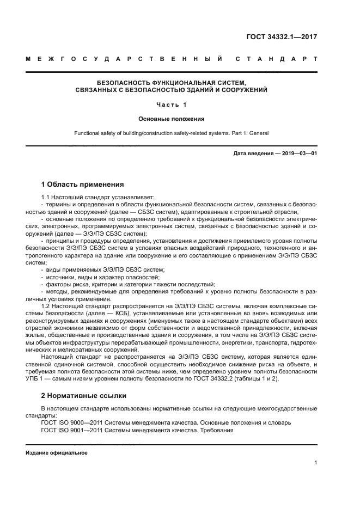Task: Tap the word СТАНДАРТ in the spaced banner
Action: tap(276, 59)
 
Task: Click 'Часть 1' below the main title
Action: tap(171, 105)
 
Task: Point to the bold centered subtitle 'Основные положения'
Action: tap(171, 118)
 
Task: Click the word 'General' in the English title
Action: tap(258, 133)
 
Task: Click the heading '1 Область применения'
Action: tap(82, 184)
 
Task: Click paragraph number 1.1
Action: tap(46, 197)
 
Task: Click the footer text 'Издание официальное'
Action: tap(57, 453)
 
